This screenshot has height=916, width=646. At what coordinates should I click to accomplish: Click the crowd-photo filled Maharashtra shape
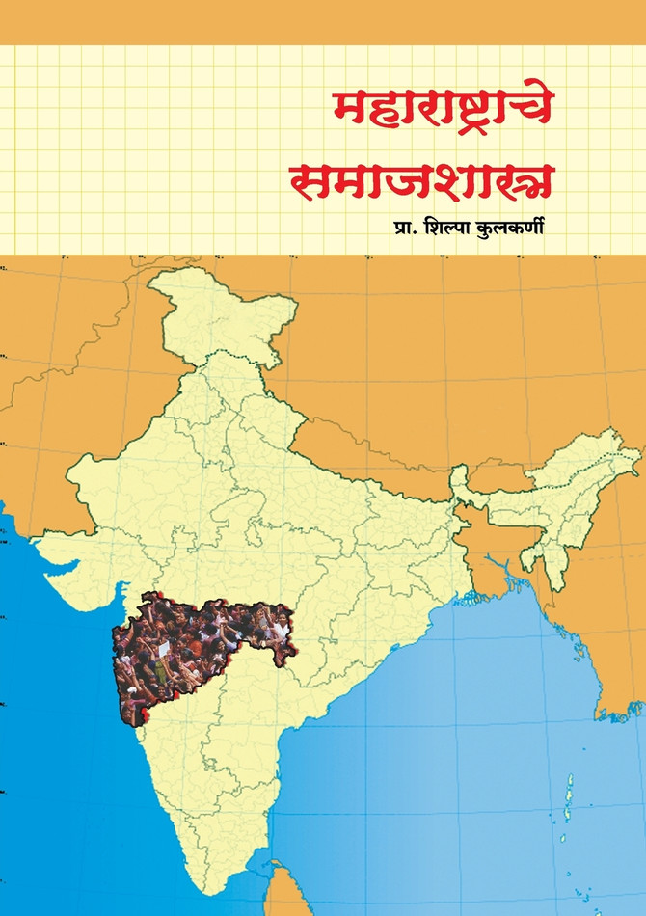pyautogui.click(x=198, y=646)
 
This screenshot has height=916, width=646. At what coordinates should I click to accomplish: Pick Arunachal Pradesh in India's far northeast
pyautogui.click(x=579, y=453)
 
